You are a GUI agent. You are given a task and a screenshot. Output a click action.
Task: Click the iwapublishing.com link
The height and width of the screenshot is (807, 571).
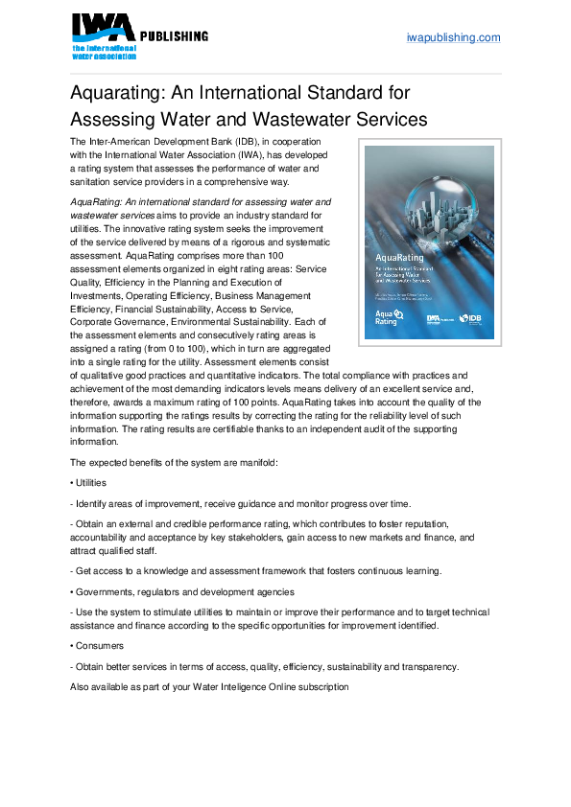pos(454,37)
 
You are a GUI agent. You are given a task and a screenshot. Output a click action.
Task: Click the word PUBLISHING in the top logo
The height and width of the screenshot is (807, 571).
pos(175,36)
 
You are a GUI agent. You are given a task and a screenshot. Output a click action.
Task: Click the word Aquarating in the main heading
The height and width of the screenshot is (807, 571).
pos(120,93)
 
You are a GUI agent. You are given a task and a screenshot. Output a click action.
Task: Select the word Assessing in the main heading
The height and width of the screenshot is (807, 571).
pos(113,120)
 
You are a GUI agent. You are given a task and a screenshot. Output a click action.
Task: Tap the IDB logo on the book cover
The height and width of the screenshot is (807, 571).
pos(470,318)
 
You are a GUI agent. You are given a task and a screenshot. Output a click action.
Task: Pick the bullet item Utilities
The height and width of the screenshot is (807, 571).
pos(90,483)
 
